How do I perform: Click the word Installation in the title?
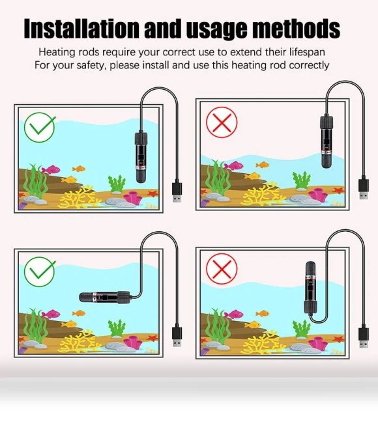pyautogui.click(x=81, y=28)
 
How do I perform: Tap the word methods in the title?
pyautogui.click(x=297, y=28)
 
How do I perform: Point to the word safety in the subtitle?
pyautogui.click(x=91, y=66)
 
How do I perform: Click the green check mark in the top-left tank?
pyautogui.click(x=40, y=127)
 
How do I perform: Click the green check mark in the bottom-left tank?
pyautogui.click(x=40, y=271)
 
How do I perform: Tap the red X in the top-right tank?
pyautogui.click(x=222, y=122)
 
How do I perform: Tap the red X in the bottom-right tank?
pyautogui.click(x=222, y=268)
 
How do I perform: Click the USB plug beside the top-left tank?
pyautogui.click(x=177, y=191)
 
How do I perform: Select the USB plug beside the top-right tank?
pyautogui.click(x=364, y=189)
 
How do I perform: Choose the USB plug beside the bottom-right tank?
pyautogui.click(x=364, y=337)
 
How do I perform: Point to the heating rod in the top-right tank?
pyautogui.click(x=327, y=141)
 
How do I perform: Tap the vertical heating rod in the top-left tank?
pyautogui.click(x=141, y=157)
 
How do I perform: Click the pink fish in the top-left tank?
pyautogui.click(x=51, y=169)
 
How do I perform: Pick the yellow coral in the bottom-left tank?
pyautogui.click(x=78, y=340)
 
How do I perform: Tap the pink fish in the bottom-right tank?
pyautogui.click(x=234, y=314)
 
